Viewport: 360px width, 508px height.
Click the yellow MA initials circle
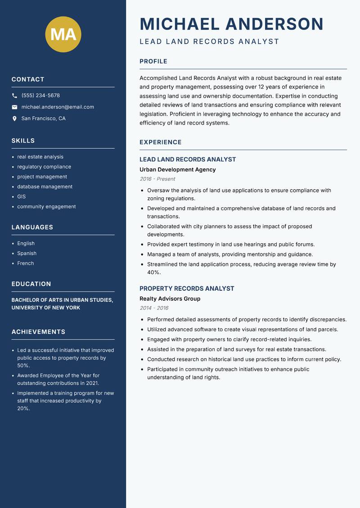pyautogui.click(x=63, y=35)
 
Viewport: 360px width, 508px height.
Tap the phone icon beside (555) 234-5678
pyautogui.click(x=14, y=96)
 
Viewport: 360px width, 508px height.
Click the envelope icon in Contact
pyautogui.click(x=14, y=107)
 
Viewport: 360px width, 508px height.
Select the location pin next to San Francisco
pyautogui.click(x=14, y=119)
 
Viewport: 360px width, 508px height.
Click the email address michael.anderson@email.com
pyautogui.click(x=58, y=107)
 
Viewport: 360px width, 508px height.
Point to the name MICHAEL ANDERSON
pyautogui.click(x=231, y=24)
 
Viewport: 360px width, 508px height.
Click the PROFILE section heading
pyautogui.click(x=153, y=62)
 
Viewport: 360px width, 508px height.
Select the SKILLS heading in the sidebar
pyautogui.click(x=23, y=141)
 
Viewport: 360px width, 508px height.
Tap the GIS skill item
pyautogui.click(x=21, y=196)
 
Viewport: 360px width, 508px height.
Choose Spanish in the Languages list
pyautogui.click(x=27, y=253)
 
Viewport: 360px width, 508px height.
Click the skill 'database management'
pyautogui.click(x=45, y=187)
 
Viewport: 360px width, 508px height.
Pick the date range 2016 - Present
pyautogui.click(x=157, y=179)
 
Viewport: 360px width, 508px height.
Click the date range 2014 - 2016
pyautogui.click(x=154, y=308)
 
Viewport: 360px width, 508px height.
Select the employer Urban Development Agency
pyautogui.click(x=177, y=169)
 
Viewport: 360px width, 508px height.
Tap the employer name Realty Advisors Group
pyautogui.click(x=170, y=299)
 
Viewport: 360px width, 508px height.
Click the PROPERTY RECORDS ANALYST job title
pyautogui.click(x=187, y=289)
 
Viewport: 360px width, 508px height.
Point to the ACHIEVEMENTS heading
pyautogui.click(x=38, y=332)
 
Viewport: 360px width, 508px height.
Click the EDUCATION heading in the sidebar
pyautogui.click(x=31, y=284)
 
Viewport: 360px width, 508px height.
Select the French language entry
pyautogui.click(x=25, y=263)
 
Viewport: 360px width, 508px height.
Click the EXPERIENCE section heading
pyautogui.click(x=160, y=142)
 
